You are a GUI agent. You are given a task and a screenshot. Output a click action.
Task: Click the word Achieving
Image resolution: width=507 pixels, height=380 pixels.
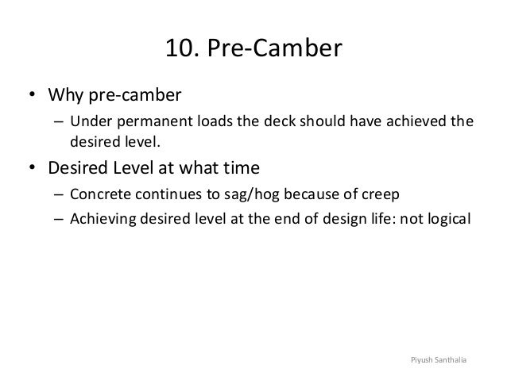102,218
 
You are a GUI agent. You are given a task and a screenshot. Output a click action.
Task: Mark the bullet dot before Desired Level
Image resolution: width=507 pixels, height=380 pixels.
33,169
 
